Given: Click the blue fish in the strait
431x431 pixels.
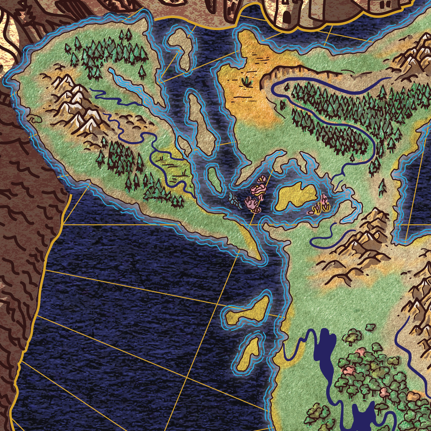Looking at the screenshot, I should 235,199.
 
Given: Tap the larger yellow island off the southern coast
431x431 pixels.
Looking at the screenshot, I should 250,310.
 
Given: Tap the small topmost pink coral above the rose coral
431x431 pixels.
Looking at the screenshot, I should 262,179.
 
